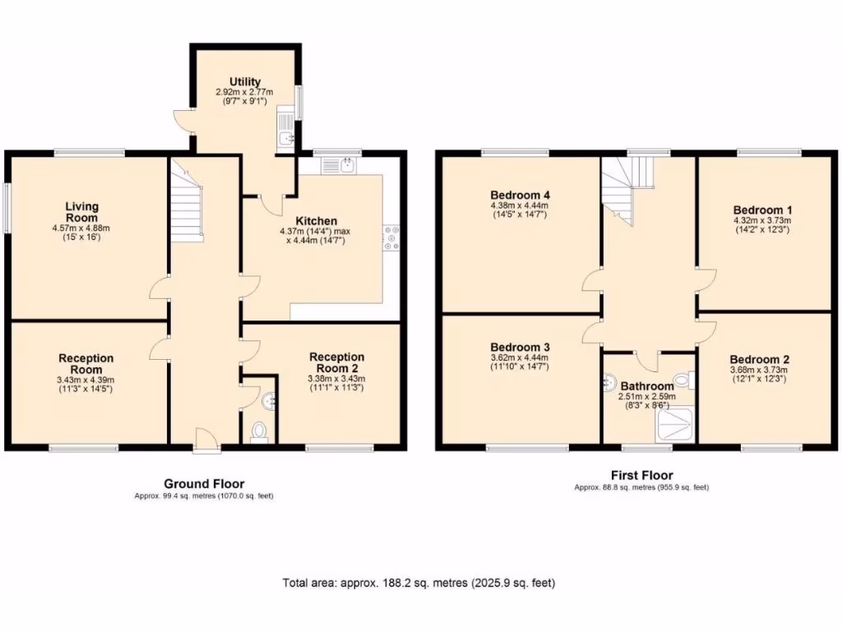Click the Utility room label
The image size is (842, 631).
coord(245,81)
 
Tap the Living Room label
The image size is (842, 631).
coord(82,212)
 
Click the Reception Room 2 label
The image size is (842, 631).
coord(337,362)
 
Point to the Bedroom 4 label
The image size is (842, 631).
coord(518,195)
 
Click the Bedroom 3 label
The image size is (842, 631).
coord(519,348)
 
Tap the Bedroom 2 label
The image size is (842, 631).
coord(759,359)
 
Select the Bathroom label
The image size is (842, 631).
coord(646,385)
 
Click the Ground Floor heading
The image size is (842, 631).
coord(204,484)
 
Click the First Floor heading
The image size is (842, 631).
coord(641,475)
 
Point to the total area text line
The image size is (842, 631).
coord(419,583)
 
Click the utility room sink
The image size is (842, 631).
coord(285,139)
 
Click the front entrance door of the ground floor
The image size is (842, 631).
coord(207,444)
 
